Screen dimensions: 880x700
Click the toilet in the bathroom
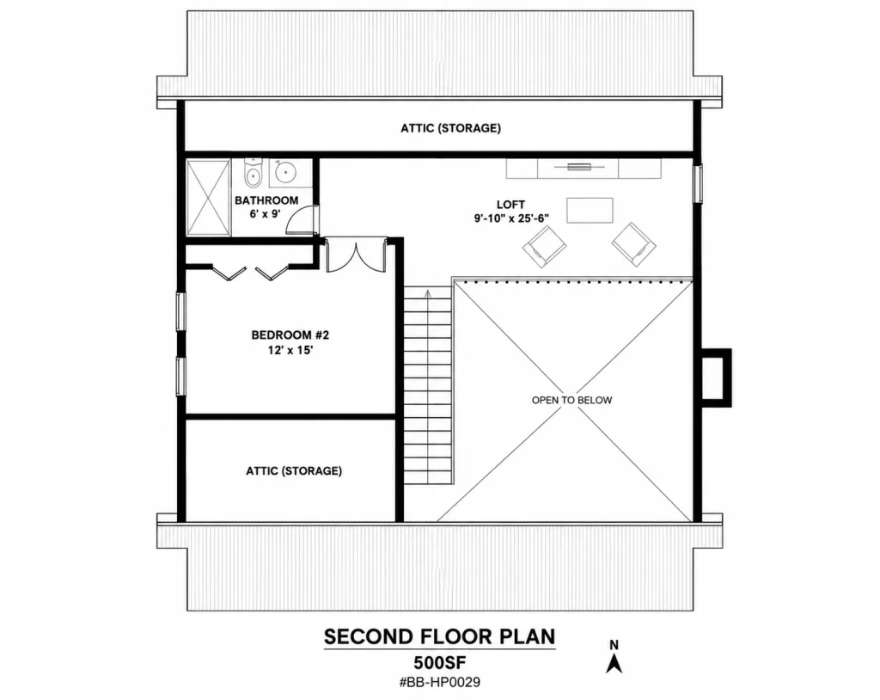coord(254,173)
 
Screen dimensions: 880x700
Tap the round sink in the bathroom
coord(286,172)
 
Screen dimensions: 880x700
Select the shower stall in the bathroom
coord(208,198)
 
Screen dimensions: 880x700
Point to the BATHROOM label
coord(266,200)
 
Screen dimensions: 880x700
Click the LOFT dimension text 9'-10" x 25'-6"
coord(510,218)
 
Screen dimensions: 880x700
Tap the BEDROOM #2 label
coord(290,335)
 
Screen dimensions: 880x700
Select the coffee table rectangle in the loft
coord(590,210)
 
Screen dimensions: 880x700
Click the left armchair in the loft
coord(544,246)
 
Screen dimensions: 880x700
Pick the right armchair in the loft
coord(633,244)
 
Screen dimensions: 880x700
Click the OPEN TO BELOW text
coord(571,400)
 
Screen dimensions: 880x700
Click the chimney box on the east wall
coord(717,378)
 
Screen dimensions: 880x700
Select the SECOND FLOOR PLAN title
coord(439,636)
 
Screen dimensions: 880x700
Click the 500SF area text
coord(440,662)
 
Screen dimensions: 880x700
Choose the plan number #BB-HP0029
coord(439,683)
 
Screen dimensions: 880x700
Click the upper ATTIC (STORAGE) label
coord(450,128)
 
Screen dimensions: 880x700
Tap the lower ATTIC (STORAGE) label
coord(294,470)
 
